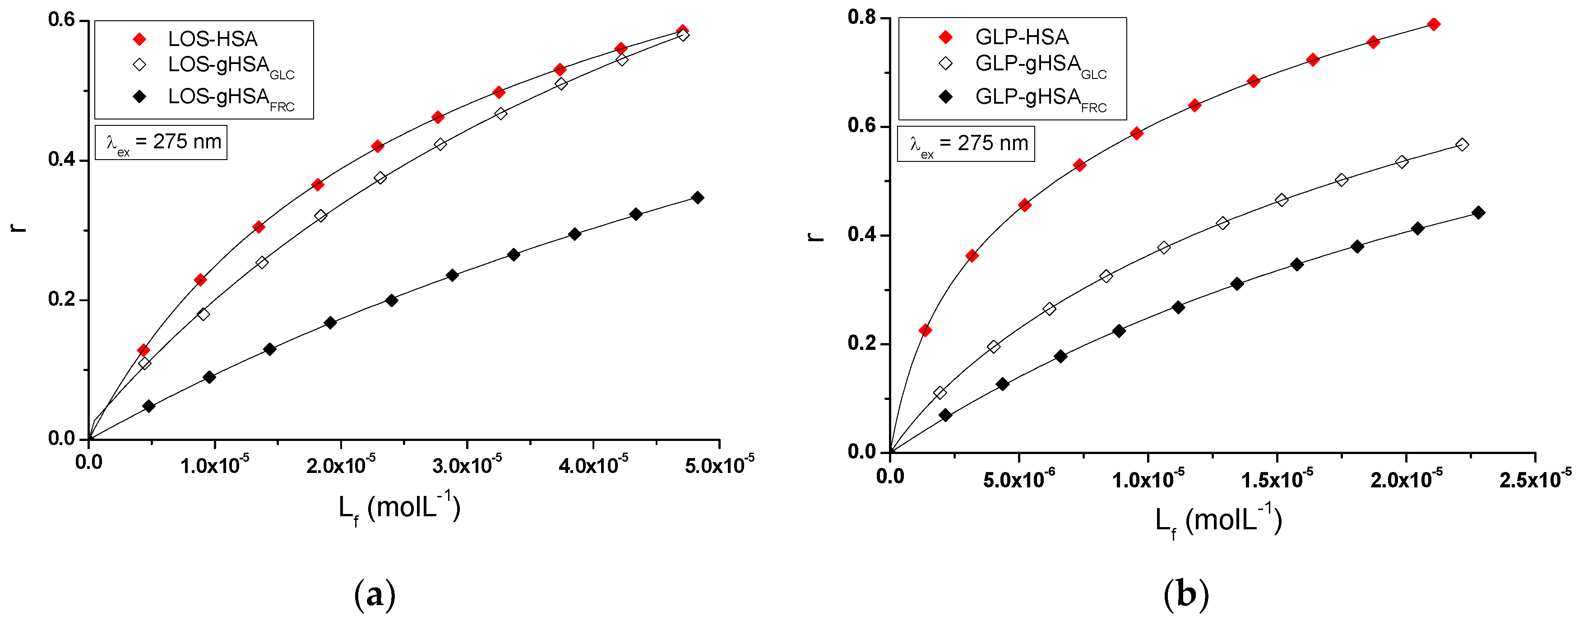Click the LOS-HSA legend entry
(x=212, y=39)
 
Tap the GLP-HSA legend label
(x=1021, y=37)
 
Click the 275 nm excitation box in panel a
(x=162, y=142)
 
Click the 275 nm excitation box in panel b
(x=966, y=144)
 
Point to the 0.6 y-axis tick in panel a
(x=61, y=20)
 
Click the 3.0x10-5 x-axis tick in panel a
(x=467, y=465)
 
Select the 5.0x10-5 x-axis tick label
(x=719, y=465)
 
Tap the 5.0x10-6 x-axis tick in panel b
(x=1018, y=478)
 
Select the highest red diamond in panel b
(x=1434, y=24)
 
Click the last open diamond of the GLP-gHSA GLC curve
(x=1462, y=145)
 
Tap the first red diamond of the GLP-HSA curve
(x=925, y=330)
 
